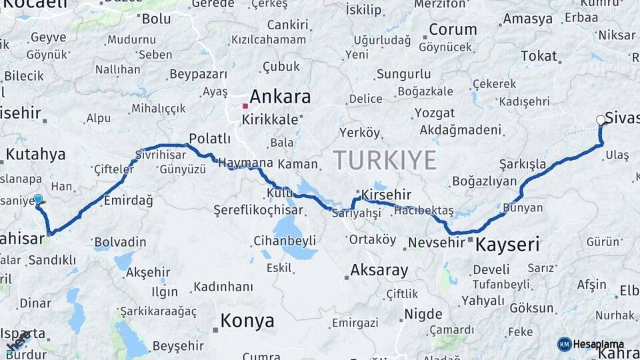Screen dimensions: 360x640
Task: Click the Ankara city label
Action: click(279, 97)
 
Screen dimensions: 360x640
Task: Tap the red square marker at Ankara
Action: click(245, 106)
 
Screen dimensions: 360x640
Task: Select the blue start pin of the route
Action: click(38, 199)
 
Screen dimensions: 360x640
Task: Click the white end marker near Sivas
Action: click(601, 120)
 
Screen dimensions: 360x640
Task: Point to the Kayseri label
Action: click(507, 245)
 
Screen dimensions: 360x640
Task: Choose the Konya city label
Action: click(247, 321)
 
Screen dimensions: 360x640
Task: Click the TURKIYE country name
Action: click(385, 160)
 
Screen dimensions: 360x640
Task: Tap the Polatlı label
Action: click(209, 139)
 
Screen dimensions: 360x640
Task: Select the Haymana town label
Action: click(245, 163)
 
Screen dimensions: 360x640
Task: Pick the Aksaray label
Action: click(379, 270)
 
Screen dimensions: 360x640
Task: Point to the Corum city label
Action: click(453, 30)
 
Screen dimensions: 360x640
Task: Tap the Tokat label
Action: click(538, 57)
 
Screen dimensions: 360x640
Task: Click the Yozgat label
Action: click(435, 113)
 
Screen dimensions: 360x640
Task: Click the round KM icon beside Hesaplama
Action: click(564, 344)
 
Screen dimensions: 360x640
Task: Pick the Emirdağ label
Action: click(129, 201)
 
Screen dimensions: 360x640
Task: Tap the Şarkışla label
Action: click(522, 164)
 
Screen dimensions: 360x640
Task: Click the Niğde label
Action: click(423, 314)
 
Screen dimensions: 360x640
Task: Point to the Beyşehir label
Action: click(178, 346)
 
